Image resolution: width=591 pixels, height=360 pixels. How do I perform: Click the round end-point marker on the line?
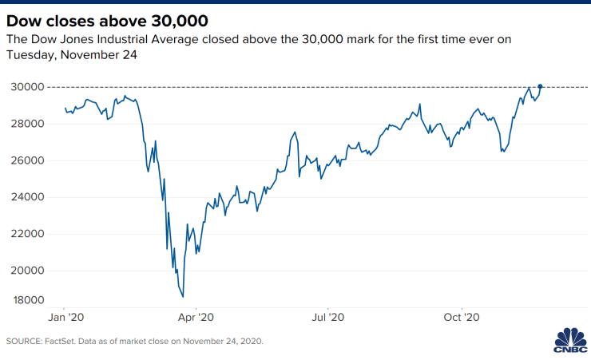541,86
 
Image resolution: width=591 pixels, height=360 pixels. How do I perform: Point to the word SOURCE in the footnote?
25,342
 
